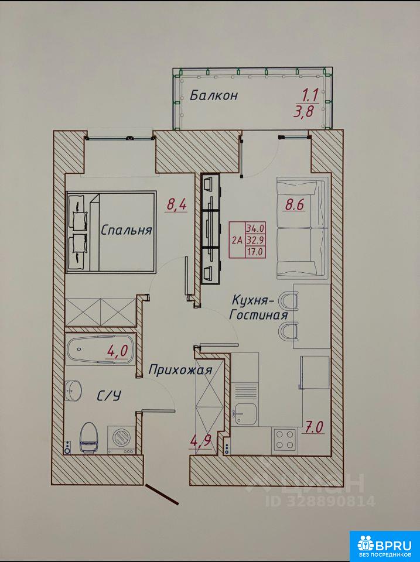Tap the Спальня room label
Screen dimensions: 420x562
(127, 229)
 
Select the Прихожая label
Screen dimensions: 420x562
(180, 370)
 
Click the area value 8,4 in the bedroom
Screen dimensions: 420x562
(177, 205)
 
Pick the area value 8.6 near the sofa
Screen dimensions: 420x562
(295, 205)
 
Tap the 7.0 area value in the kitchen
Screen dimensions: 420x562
(313, 427)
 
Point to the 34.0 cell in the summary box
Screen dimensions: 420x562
(255, 227)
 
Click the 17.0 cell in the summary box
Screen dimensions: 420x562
(255, 252)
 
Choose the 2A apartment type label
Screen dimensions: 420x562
(237, 240)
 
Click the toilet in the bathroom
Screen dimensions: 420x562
(88, 438)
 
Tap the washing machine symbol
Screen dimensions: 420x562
(121, 440)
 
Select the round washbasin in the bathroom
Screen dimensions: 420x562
(74, 390)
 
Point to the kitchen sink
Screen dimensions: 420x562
(244, 414)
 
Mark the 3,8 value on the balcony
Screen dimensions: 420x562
(304, 112)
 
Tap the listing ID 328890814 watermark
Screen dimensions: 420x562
(320, 501)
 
